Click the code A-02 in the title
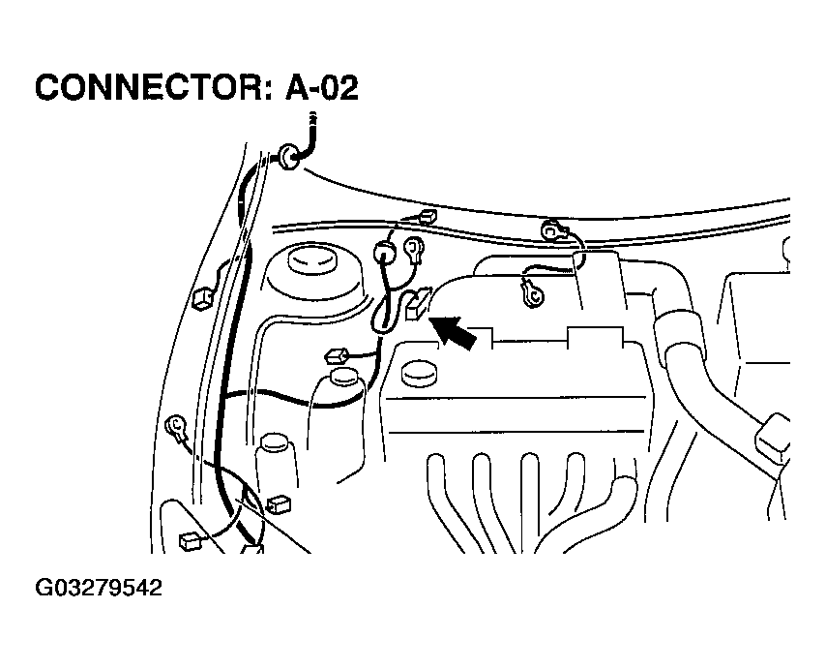point(322,88)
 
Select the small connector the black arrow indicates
point(416,305)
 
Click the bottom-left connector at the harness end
point(191,541)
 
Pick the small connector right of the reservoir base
point(280,503)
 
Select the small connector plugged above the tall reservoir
point(339,354)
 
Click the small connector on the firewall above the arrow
point(428,217)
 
